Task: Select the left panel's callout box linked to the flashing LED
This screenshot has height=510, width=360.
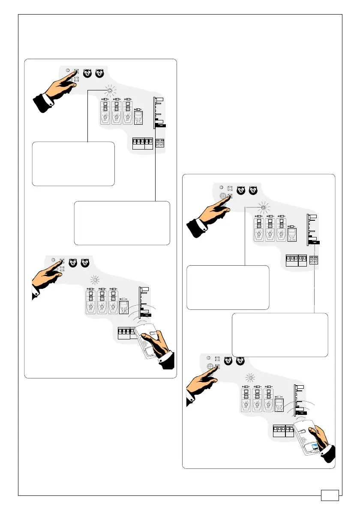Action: (73, 164)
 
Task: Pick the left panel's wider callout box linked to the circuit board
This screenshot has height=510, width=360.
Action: (122, 222)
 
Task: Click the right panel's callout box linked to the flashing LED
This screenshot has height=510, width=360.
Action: (228, 287)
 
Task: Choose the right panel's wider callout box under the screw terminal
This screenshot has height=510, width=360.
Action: (280, 335)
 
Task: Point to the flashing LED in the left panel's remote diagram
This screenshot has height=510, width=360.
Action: (95, 281)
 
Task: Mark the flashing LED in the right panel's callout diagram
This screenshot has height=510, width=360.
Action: (264, 207)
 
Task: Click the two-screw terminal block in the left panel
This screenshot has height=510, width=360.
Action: (159, 143)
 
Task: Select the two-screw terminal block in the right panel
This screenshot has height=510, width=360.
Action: (314, 260)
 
